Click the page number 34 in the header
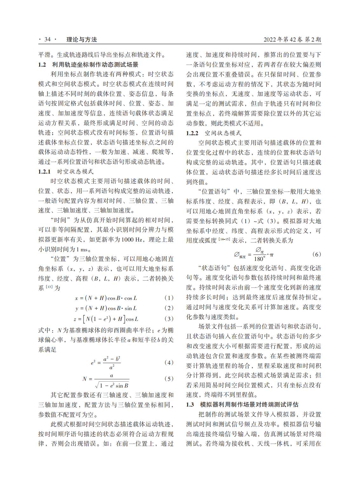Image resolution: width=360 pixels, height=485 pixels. click(48, 40)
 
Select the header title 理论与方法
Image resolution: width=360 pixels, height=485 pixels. click(81, 40)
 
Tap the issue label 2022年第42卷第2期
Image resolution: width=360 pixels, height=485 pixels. click(292, 40)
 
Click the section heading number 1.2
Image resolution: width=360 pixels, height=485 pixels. click(42, 65)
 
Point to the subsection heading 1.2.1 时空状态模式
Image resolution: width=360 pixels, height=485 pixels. click(66, 172)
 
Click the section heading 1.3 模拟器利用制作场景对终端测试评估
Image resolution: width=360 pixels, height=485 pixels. click(242, 404)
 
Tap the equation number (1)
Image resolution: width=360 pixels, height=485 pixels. click(169, 298)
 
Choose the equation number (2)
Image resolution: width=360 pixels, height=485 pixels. click(169, 308)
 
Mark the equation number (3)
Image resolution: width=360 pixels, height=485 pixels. click(169, 319)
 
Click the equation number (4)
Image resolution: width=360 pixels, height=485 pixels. click(169, 362)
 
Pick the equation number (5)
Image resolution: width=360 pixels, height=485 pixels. click(169, 379)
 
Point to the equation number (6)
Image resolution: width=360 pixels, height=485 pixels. click(317, 254)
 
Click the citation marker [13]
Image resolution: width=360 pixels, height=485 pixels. click(49, 287)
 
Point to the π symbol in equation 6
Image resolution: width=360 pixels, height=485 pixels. click(272, 255)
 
